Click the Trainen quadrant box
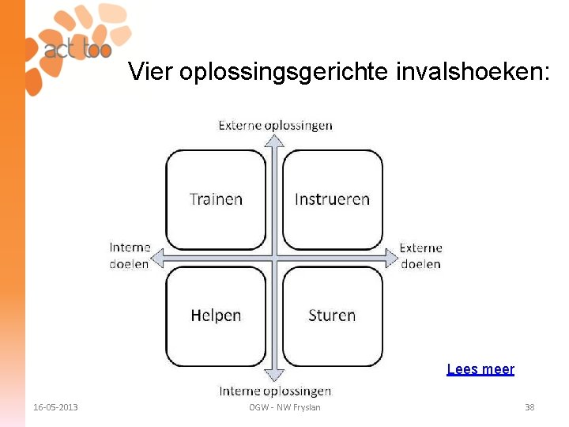tap(216, 199)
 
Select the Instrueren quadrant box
tap(332, 199)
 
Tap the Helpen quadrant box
tap(216, 316)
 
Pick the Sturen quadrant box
tap(332, 316)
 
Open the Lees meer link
tap(480, 369)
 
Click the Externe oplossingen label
tap(275, 125)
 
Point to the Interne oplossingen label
tap(275, 391)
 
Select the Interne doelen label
tap(130, 256)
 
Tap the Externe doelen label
tap(420, 256)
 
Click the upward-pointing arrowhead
tap(273, 140)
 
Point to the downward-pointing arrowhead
tap(273, 375)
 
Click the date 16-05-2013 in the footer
tap(55, 407)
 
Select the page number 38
tap(529, 407)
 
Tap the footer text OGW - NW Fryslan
tap(284, 407)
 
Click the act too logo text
tap(77, 49)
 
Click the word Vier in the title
tap(151, 73)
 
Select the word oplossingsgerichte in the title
tap(284, 73)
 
